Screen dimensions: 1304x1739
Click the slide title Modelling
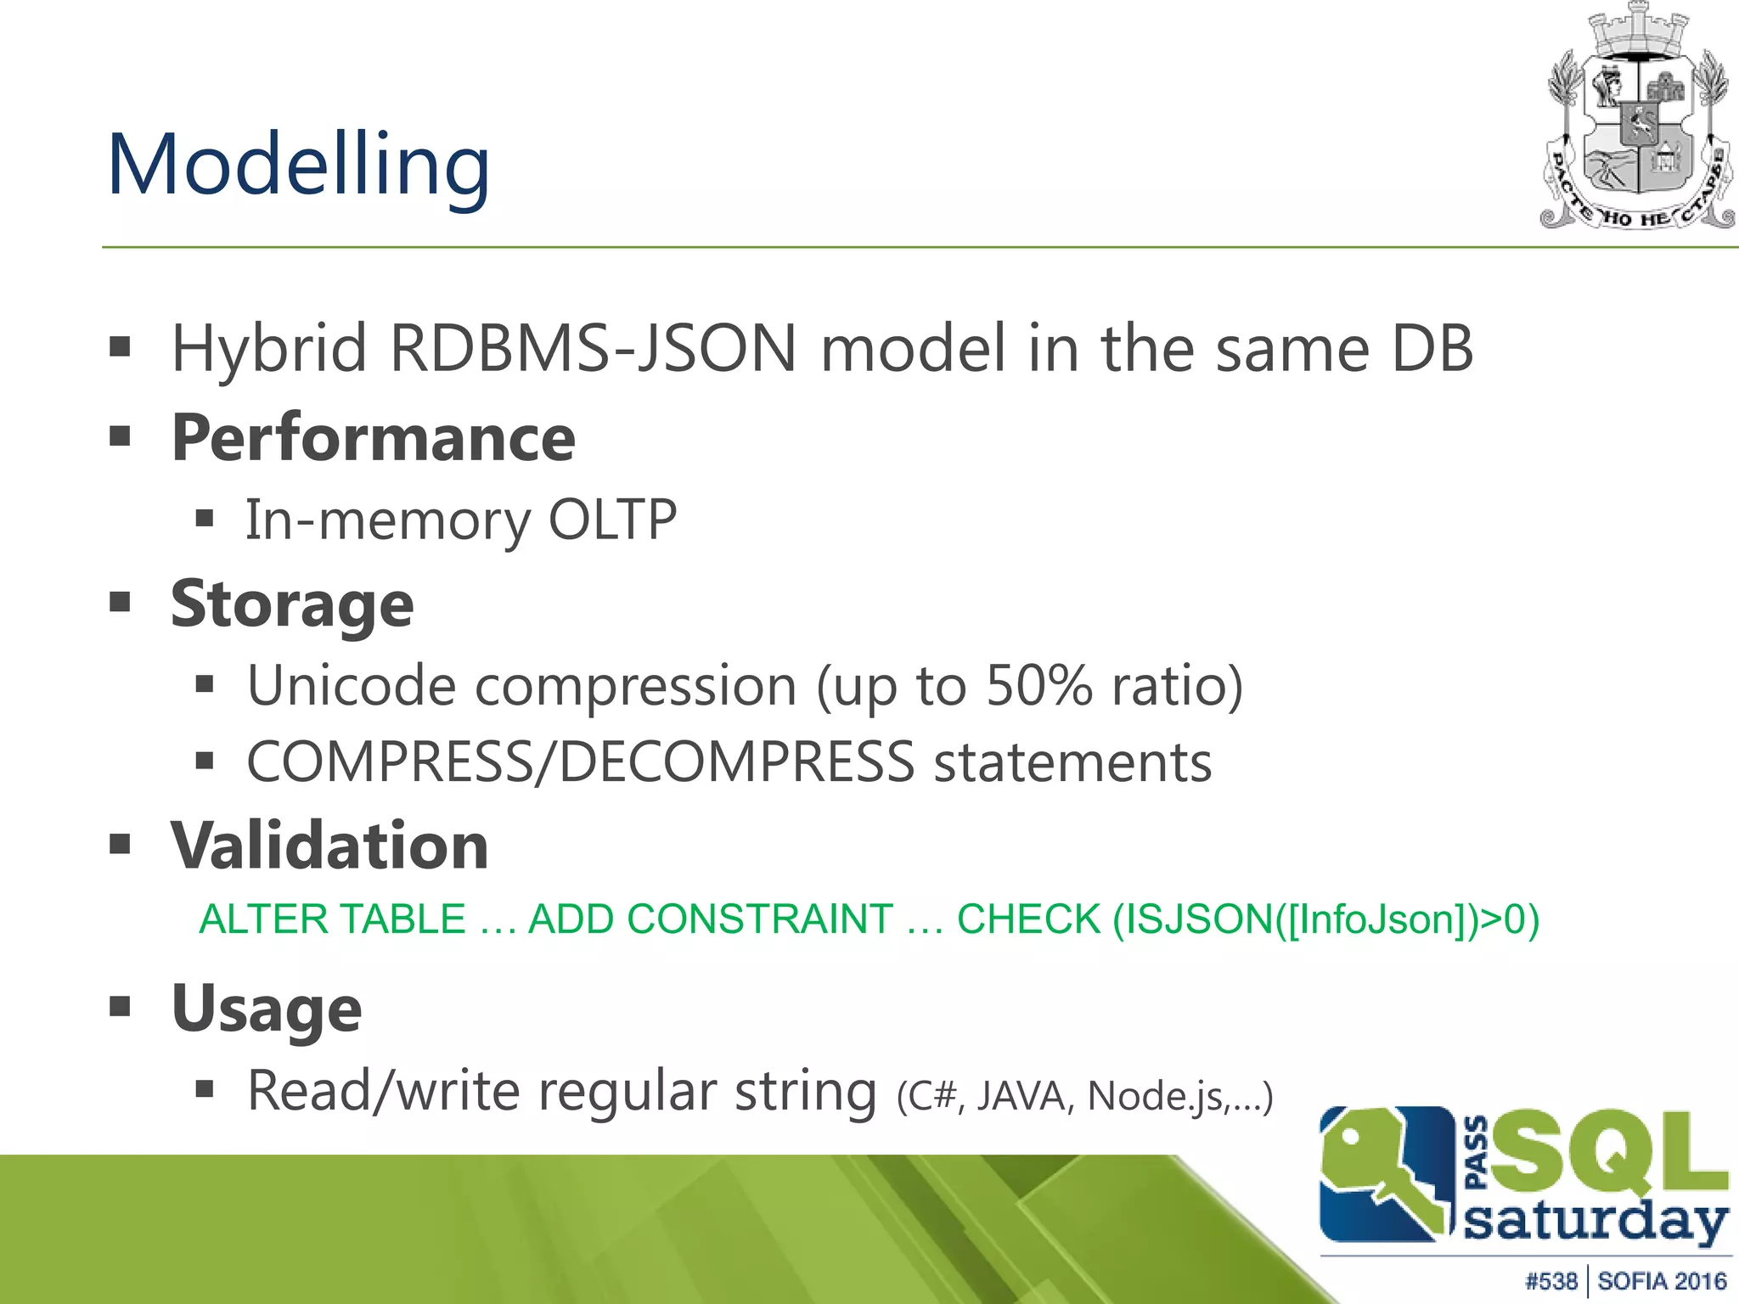[298, 165]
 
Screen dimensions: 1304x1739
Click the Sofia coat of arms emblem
[1637, 119]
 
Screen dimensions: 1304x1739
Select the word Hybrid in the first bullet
[268, 349]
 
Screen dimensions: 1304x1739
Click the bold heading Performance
[373, 438]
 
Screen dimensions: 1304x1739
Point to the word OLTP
[612, 520]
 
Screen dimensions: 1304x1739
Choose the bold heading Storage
[292, 604]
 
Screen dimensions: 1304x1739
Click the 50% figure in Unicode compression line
[1038, 685]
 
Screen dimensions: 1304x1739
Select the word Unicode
[352, 685]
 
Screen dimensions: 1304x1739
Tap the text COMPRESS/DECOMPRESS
[580, 762]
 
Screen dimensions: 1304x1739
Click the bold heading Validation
[329, 846]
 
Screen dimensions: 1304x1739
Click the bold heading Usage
[267, 1009]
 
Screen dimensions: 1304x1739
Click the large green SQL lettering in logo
[1609, 1152]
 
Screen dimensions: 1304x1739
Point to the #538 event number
[1550, 1281]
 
